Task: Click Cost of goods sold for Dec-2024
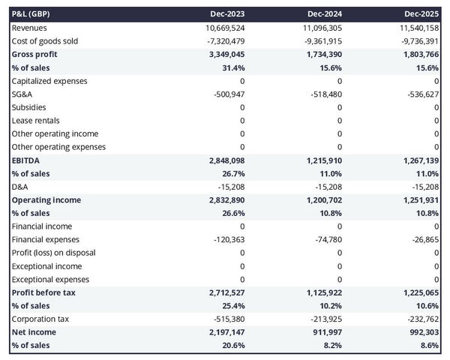coord(320,41)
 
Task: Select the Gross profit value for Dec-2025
coord(417,55)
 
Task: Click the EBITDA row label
coord(26,160)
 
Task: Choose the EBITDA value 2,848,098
coord(222,160)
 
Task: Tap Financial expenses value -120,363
coord(226,239)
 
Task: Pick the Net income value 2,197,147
coord(222,331)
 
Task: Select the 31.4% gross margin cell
coord(233,67)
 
